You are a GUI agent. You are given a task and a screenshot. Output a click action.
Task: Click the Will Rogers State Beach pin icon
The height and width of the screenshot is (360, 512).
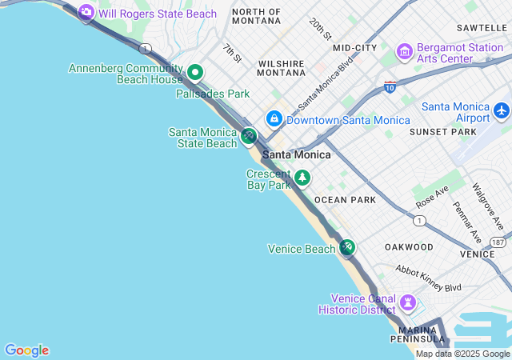pos(86,13)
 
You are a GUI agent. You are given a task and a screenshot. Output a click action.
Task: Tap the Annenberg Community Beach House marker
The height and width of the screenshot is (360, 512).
pos(194,74)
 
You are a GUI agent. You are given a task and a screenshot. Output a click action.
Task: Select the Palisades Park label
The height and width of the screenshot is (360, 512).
pos(213,94)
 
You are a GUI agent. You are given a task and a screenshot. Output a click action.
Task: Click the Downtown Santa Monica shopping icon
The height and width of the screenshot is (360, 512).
pos(274,119)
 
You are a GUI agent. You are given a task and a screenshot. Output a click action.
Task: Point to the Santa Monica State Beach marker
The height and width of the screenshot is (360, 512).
pos(249,136)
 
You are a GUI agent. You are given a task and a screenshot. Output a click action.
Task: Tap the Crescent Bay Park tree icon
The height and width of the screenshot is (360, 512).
pos(302,178)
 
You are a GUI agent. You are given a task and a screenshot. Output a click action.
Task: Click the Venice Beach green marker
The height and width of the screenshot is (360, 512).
pos(346,247)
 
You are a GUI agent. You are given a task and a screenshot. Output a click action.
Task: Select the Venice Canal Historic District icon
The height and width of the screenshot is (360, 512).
pos(409,302)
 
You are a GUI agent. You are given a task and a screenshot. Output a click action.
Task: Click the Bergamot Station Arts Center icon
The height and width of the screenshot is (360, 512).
pos(405,52)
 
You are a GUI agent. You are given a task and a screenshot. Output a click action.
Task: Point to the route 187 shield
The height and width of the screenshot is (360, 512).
pos(498,242)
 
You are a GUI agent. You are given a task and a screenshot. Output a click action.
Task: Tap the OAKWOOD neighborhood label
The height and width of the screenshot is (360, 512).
pos(409,247)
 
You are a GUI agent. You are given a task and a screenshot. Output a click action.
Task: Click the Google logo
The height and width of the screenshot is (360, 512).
pos(26,350)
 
